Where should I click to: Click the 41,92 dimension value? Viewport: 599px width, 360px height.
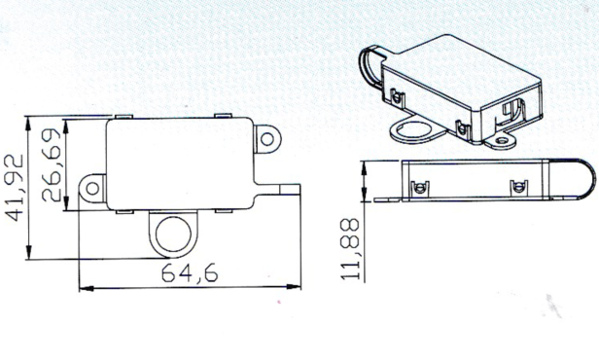pos(14,188)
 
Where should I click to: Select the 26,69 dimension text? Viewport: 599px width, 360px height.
pos(52,164)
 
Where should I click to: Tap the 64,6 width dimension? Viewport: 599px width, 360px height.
pos(190,272)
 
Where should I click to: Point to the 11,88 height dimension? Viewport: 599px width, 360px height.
pos(350,249)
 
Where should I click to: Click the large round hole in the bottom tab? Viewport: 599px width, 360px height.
pos(173,234)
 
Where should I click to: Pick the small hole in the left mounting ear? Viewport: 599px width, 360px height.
pos(92,188)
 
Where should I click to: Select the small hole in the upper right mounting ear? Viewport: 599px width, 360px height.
pos(267,138)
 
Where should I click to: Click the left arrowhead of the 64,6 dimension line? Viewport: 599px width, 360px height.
pos(86,288)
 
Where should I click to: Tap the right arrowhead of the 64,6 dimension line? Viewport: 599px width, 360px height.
pos(294,287)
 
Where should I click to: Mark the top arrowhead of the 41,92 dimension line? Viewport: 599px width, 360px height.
pos(28,124)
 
